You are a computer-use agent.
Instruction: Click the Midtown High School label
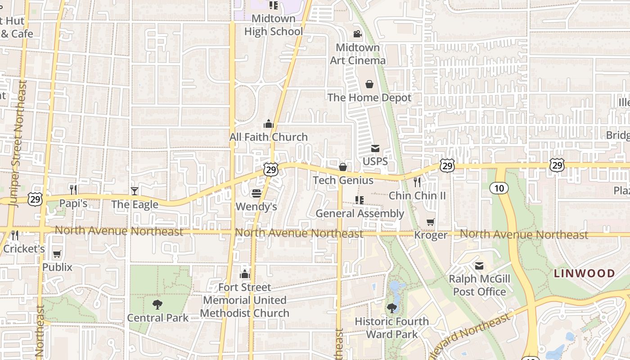point(273,25)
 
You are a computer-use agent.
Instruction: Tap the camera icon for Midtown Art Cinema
point(358,34)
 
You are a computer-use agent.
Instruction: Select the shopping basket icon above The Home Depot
point(369,84)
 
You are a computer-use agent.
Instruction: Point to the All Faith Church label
point(269,137)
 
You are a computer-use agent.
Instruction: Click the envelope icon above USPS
point(375,148)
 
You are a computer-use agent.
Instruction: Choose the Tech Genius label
point(343,180)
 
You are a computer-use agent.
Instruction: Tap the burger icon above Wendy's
point(256,193)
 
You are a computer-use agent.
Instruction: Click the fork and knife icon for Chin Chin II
point(417,182)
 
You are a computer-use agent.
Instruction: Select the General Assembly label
point(360,213)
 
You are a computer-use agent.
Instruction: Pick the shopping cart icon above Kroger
point(431,222)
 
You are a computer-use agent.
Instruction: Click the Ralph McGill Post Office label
point(479,285)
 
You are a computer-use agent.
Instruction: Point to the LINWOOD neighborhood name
point(584,274)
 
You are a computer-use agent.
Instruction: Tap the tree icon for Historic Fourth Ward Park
point(392,308)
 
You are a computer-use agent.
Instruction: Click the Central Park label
point(157,318)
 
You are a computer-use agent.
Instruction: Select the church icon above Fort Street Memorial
point(245,274)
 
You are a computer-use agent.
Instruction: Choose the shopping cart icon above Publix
point(57,254)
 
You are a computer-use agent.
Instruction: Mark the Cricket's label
point(24,249)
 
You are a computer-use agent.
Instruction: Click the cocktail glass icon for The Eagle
point(135,191)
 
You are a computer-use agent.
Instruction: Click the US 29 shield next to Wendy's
point(271,170)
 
